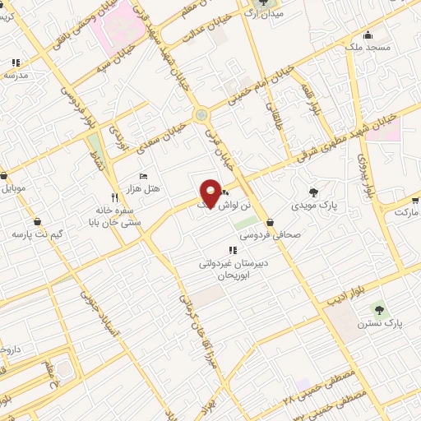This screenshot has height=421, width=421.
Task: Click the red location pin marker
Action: pos(210,192)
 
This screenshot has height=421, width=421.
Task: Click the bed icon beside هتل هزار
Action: pos(145,177)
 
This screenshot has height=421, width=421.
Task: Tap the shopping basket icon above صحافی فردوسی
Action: pos(271,220)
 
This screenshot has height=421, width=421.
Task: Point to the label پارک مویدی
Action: pos(315,205)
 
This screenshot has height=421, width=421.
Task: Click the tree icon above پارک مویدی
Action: pos(313,192)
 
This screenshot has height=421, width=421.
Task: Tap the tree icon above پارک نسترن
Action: pos(379,309)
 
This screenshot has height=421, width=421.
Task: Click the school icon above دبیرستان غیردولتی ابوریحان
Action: pos(230,251)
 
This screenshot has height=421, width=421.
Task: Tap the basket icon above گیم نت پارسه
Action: pos(38,221)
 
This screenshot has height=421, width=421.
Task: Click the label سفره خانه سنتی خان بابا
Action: pos(114,215)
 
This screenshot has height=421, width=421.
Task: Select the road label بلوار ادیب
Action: pos(344,293)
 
